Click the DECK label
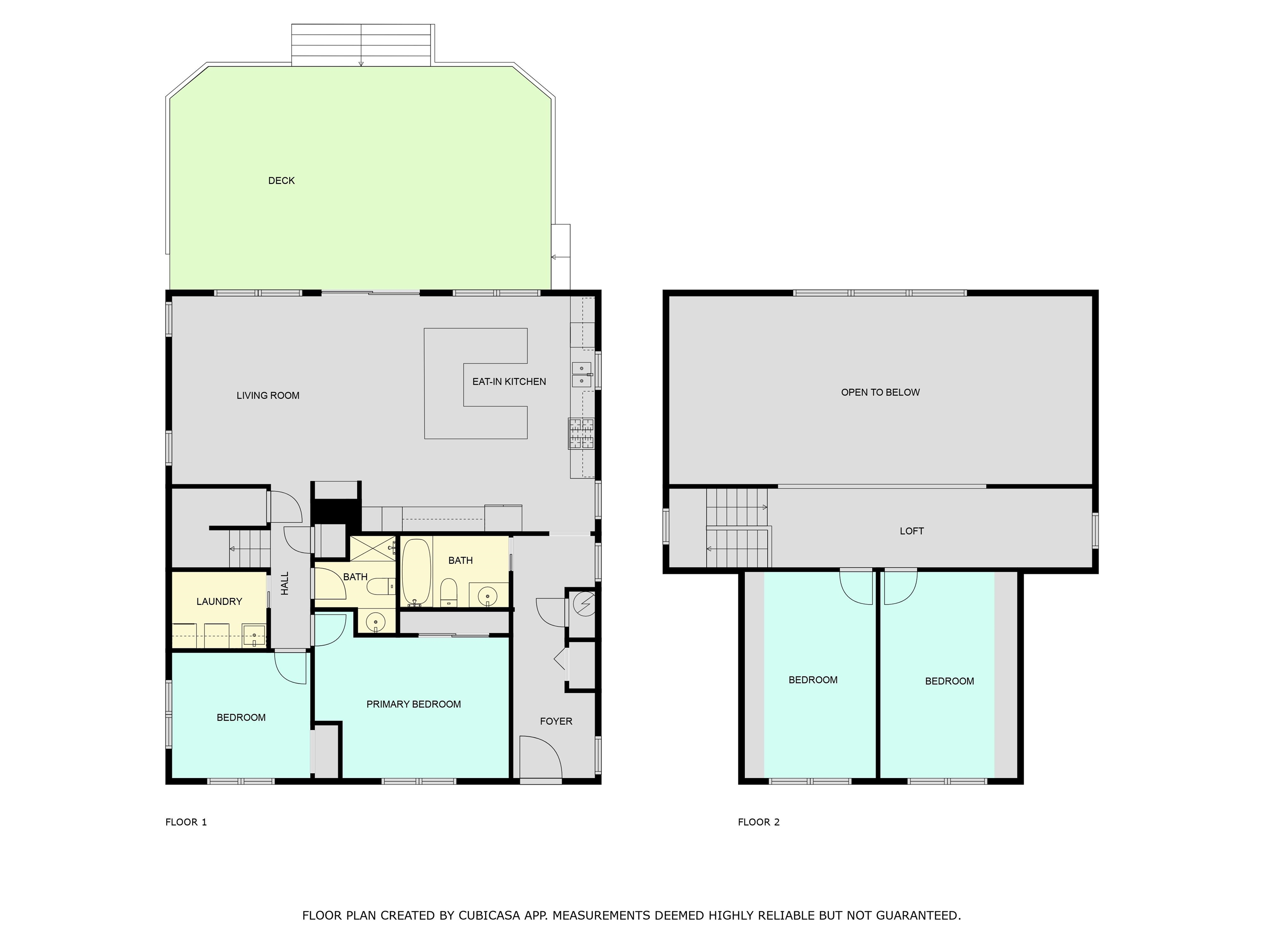click(281, 181)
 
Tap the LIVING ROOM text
click(268, 395)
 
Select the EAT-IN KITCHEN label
click(509, 382)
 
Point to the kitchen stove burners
click(581, 433)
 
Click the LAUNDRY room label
click(219, 601)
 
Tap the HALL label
click(285, 583)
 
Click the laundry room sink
click(254, 635)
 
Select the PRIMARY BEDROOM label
click(414, 704)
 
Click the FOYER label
click(556, 721)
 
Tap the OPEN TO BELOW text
click(881, 393)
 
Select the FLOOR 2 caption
click(759, 822)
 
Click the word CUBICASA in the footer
click(489, 915)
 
